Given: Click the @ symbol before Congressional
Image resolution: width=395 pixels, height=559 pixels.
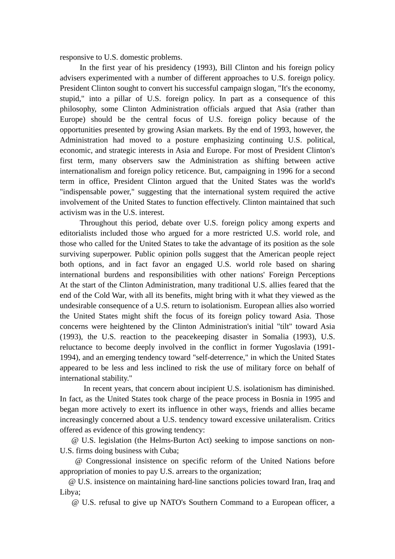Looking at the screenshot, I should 79,461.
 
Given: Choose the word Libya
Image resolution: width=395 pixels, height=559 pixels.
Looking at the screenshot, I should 69,492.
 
